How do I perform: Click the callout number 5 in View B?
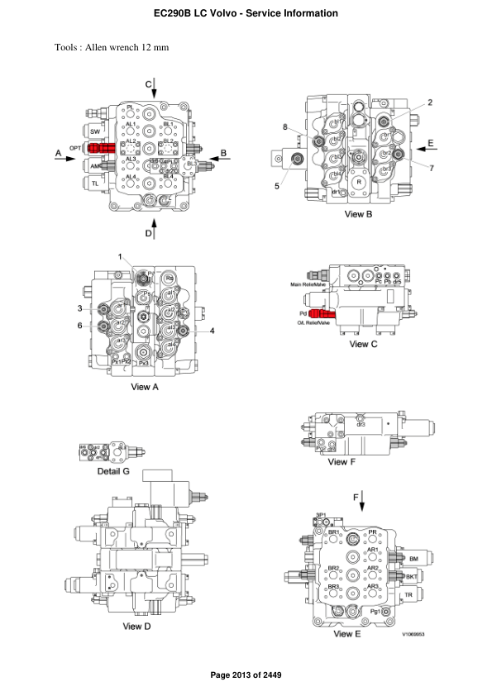(x=277, y=186)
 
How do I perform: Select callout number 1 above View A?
(x=120, y=257)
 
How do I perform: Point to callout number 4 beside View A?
(x=213, y=331)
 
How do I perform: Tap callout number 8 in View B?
(x=284, y=127)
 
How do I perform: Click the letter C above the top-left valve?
(x=149, y=83)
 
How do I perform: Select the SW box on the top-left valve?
(x=95, y=131)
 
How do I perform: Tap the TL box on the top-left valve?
(x=95, y=182)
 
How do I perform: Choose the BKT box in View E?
(x=411, y=577)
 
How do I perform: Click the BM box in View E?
(x=413, y=560)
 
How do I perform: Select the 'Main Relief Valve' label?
(x=308, y=285)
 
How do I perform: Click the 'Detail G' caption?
(x=113, y=470)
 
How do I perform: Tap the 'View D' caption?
(x=137, y=626)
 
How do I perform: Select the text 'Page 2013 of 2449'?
(x=246, y=676)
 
